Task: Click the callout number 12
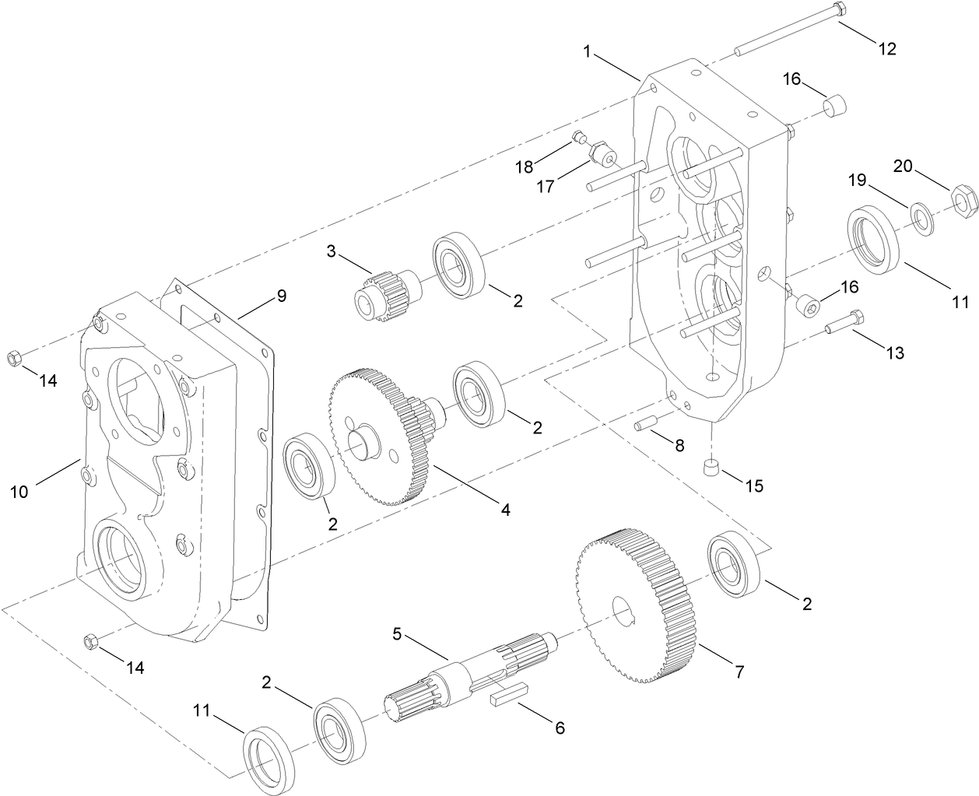(x=887, y=49)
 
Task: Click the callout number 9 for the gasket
(x=281, y=296)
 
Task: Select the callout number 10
(x=19, y=491)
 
